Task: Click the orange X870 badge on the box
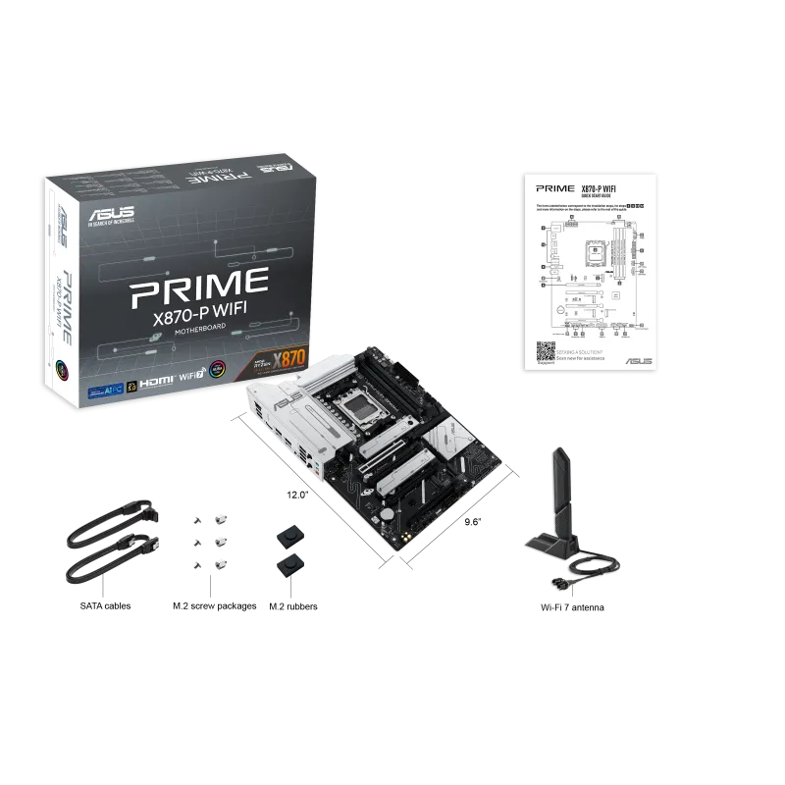pos(294,358)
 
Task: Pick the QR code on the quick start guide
pos(546,351)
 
